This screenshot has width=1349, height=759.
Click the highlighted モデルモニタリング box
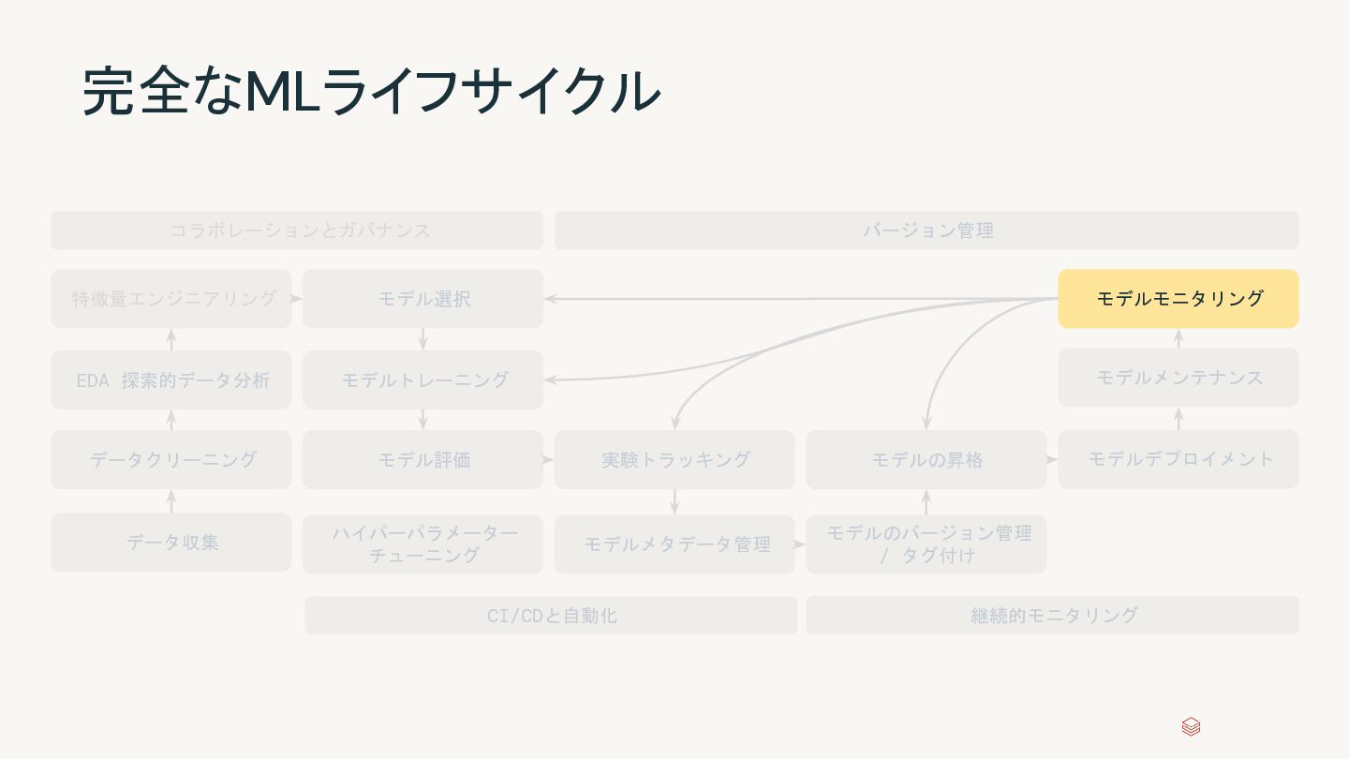tap(1178, 299)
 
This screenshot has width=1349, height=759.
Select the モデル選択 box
tap(422, 299)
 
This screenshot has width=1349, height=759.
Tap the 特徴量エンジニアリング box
tap(171, 299)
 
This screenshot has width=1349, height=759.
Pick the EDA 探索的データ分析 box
tap(171, 379)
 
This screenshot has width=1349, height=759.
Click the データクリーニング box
tap(171, 459)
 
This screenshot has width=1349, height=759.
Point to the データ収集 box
tap(171, 542)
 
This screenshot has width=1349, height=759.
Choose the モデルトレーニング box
tap(422, 379)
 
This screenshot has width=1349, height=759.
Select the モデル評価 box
tap(422, 459)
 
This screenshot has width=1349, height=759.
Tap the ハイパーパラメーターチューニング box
tap(422, 543)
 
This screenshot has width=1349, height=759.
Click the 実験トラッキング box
tap(674, 459)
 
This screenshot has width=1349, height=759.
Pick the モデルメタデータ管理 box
tap(674, 543)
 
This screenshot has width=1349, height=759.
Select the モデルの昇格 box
tap(926, 459)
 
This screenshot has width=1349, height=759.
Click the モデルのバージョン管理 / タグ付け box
tap(926, 543)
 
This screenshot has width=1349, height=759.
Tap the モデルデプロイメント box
tap(1178, 459)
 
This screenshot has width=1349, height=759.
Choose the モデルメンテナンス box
tap(1178, 378)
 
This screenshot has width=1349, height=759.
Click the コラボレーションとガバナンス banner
tap(297, 231)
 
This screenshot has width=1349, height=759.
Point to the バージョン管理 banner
tap(927, 231)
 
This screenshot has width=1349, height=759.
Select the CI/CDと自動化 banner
tap(551, 616)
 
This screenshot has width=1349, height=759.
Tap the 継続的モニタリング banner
tap(1052, 616)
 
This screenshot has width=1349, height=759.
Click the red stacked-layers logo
tap(1191, 727)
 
